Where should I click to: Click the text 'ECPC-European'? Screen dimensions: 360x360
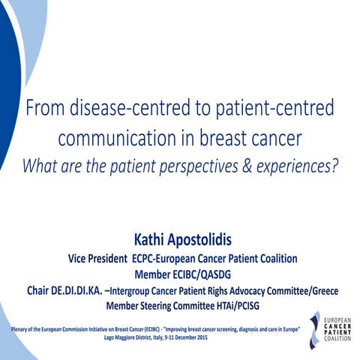click(162, 258)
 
